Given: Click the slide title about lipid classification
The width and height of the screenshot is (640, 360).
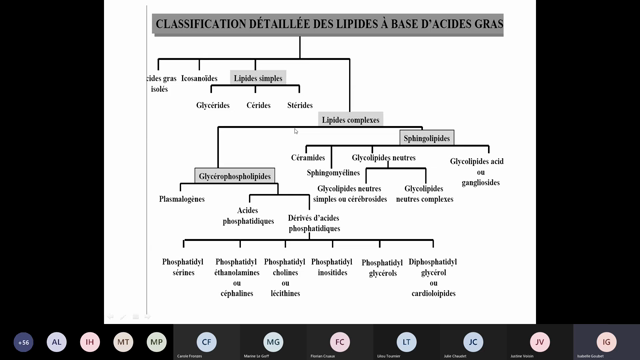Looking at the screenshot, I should tap(329, 23).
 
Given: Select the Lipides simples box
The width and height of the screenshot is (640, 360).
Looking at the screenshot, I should tap(258, 77).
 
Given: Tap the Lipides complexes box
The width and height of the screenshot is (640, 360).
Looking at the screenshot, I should tap(350, 119).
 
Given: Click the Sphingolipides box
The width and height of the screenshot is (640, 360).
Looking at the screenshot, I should tap(426, 137).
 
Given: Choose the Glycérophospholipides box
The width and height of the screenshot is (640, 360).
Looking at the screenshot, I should tap(234, 176).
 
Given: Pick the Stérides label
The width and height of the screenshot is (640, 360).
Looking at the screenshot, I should tap(300, 105).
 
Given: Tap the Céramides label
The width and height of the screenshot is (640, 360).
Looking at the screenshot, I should tap(308, 158).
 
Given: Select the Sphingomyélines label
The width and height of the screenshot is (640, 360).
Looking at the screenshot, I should tap(333, 172).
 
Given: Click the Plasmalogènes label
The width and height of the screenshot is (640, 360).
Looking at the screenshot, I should tap(182, 198).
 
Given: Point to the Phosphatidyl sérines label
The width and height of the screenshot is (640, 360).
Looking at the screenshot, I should tap(184, 266).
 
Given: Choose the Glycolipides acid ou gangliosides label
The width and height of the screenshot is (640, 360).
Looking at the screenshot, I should tap(476, 170).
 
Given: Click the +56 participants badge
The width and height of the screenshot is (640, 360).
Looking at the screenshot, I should tap(23, 341).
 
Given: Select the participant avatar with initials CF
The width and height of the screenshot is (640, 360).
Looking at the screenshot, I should tap(206, 341).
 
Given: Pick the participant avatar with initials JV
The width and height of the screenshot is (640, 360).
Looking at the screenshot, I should tap(540, 341).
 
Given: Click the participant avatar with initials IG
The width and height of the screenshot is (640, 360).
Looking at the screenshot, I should tap(606, 341).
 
